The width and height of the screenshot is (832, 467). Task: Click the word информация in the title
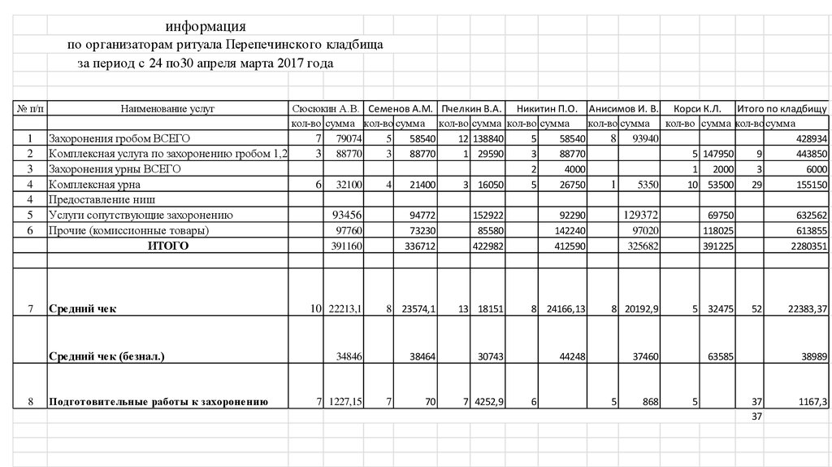click(x=206, y=27)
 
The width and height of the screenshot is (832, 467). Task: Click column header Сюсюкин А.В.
click(x=325, y=107)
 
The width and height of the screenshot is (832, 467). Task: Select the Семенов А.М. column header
click(x=399, y=107)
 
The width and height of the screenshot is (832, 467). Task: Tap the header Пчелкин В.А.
click(x=470, y=107)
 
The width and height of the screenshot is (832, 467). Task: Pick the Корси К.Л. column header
click(x=698, y=107)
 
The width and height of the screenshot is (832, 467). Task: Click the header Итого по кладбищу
click(x=781, y=107)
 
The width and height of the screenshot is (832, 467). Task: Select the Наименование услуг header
click(x=167, y=107)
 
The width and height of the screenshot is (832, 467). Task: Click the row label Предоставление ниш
click(x=102, y=199)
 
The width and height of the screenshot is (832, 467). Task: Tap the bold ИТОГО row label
click(x=167, y=246)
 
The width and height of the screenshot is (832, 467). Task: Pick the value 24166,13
click(x=560, y=309)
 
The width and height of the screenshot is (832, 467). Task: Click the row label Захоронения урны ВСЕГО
click(x=114, y=169)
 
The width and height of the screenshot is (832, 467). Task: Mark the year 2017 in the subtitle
click(x=288, y=63)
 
